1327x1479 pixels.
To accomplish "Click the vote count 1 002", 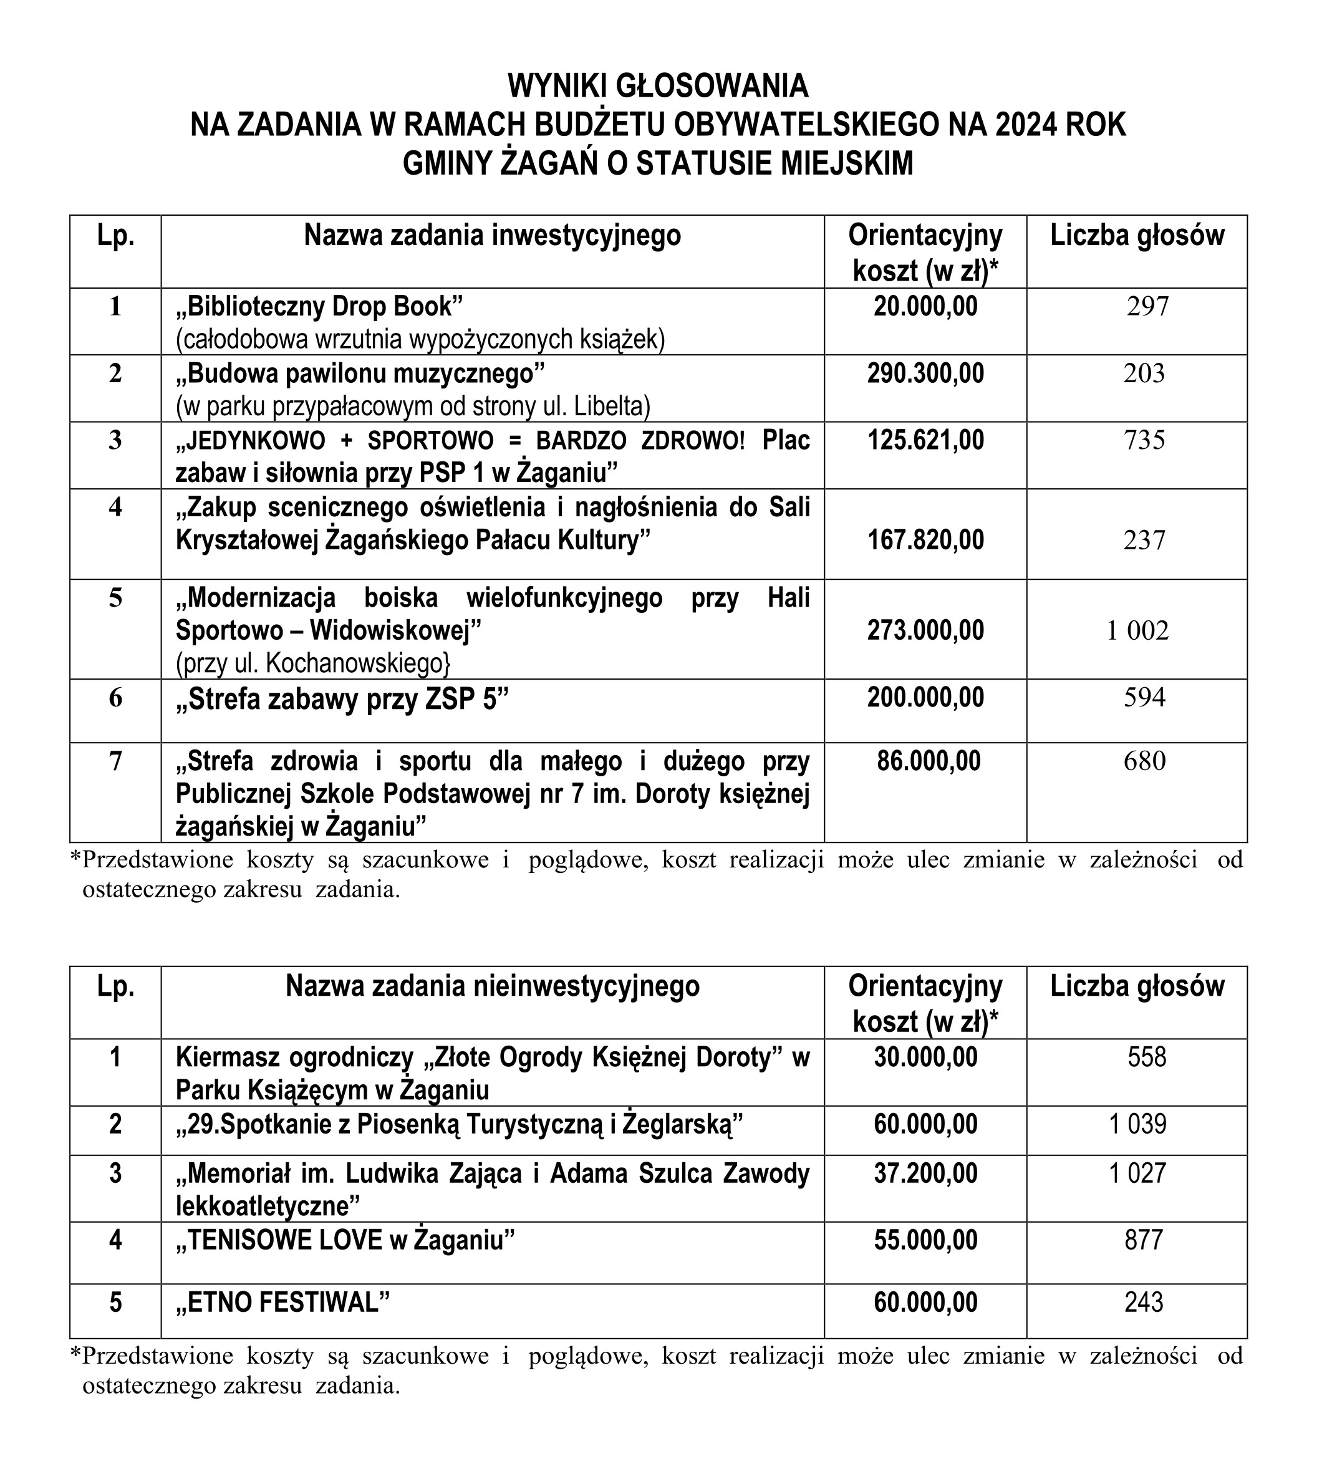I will pyautogui.click(x=1137, y=630).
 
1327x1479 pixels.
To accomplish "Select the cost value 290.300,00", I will pyautogui.click(x=925, y=373).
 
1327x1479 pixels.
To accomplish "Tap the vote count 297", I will pyautogui.click(x=1147, y=307).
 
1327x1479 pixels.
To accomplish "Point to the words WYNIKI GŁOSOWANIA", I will pyautogui.click(x=658, y=86).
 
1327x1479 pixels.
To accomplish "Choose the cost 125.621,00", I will pyautogui.click(x=925, y=440).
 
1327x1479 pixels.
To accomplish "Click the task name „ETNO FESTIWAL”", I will pyautogui.click(x=283, y=1302).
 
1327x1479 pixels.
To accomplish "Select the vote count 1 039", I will pyautogui.click(x=1137, y=1125).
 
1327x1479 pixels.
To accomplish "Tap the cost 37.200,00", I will pyautogui.click(x=925, y=1173).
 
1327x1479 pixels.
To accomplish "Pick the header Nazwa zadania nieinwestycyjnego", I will pyautogui.click(x=492, y=986).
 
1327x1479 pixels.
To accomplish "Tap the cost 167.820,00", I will pyautogui.click(x=925, y=540).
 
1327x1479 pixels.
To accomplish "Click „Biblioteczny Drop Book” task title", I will pyautogui.click(x=319, y=307).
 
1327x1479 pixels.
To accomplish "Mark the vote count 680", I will pyautogui.click(x=1145, y=761).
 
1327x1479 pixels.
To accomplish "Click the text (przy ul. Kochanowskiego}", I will pyautogui.click(x=314, y=663).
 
